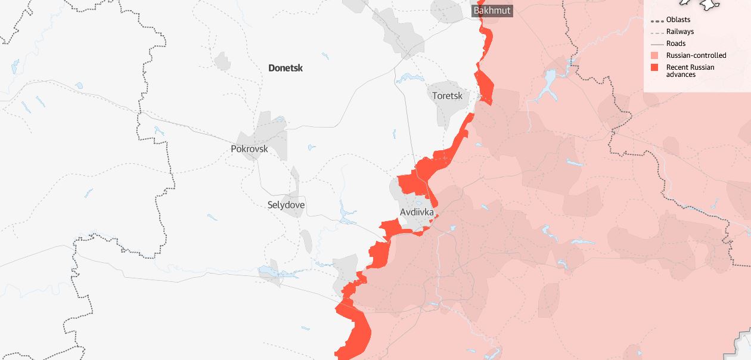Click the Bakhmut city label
click(492, 11)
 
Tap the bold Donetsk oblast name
click(285, 68)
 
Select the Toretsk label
click(447, 95)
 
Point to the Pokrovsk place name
click(249, 149)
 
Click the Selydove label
click(286, 205)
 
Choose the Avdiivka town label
click(417, 212)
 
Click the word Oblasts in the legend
click(678, 20)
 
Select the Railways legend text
click(680, 32)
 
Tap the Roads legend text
click(676, 44)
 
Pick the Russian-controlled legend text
click(696, 55)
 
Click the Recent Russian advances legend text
click(690, 70)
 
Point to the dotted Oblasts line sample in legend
click(657, 20)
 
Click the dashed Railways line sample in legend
click(657, 32)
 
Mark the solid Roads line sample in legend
click(657, 44)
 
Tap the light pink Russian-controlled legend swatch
click(654, 55)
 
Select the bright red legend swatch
click(654, 67)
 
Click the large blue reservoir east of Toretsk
click(547, 83)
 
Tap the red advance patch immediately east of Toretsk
click(484, 87)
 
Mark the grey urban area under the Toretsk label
click(448, 110)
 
